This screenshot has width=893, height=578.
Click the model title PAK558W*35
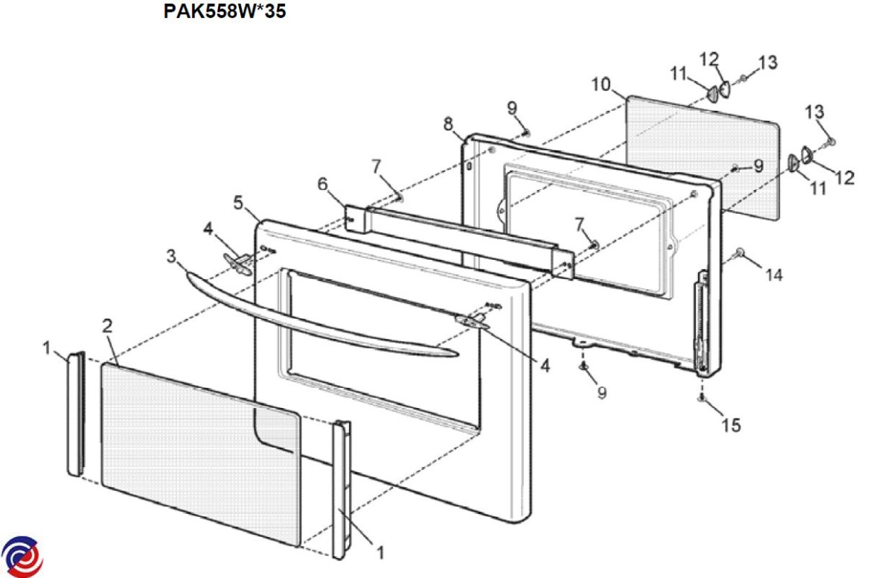pyautogui.click(x=225, y=10)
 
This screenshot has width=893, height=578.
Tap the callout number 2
pyautogui.click(x=107, y=326)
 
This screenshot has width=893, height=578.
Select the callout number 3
pyautogui.click(x=171, y=256)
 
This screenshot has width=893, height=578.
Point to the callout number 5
pyautogui.click(x=238, y=203)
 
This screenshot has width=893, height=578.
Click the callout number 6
pyautogui.click(x=322, y=184)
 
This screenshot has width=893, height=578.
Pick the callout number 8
pyautogui.click(x=449, y=124)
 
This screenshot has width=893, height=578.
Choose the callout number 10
pyautogui.click(x=601, y=84)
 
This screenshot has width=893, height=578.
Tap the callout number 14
pyautogui.click(x=774, y=275)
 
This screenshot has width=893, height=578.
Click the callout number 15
pyautogui.click(x=731, y=425)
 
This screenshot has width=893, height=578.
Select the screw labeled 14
pyautogui.click(x=740, y=252)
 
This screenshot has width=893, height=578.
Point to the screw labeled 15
pyautogui.click(x=702, y=398)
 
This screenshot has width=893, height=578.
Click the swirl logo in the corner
pyautogui.click(x=22, y=557)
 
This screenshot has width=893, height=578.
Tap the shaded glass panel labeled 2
pyautogui.click(x=200, y=455)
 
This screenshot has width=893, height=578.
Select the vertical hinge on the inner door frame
pyautogui.click(x=702, y=323)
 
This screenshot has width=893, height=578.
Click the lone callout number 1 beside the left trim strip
pyautogui.click(x=47, y=348)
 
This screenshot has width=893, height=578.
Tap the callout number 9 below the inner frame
pyautogui.click(x=602, y=393)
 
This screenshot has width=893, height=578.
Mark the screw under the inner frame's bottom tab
pyautogui.click(x=583, y=366)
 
